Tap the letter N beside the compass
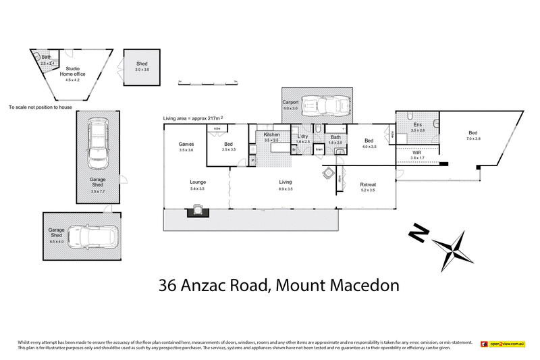(x=419, y=234)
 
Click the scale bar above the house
(x=208, y=82)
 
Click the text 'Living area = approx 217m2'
(x=193, y=118)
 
